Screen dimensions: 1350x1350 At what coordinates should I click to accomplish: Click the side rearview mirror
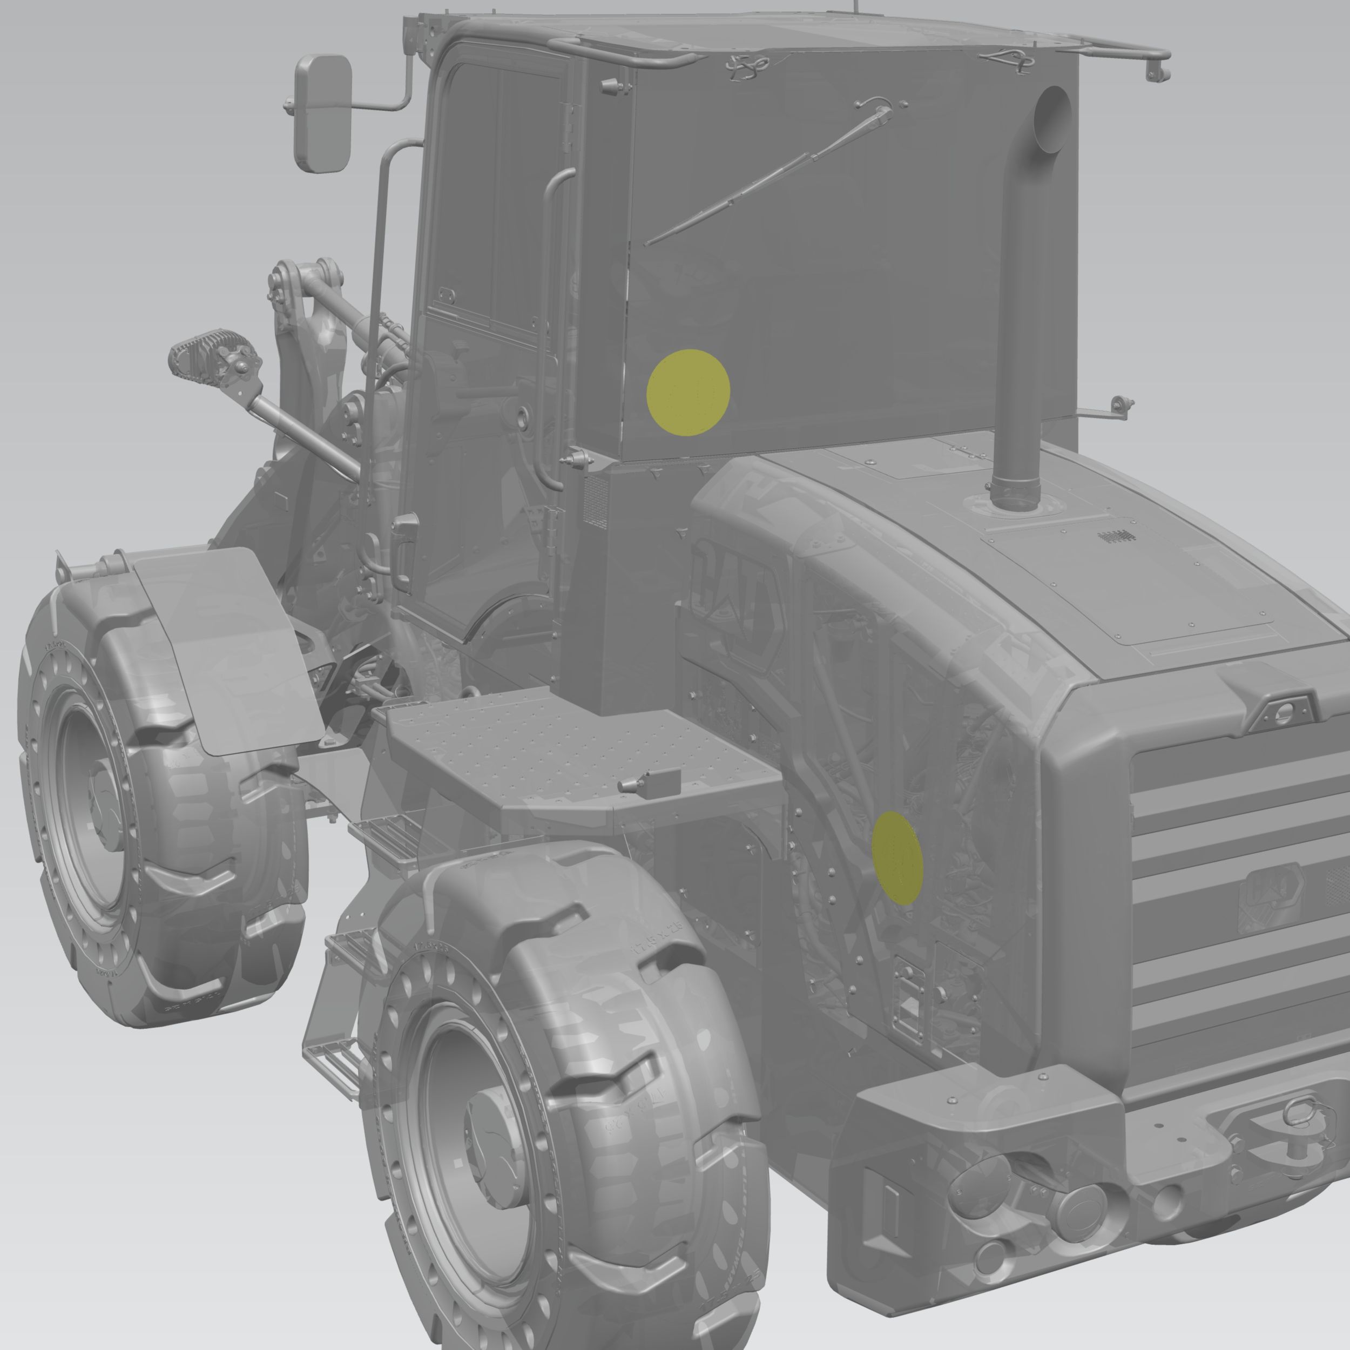click(x=323, y=113)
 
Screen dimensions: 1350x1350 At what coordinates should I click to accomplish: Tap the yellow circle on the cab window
click(x=688, y=392)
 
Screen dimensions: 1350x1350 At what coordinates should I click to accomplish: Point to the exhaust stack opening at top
click(x=1051, y=119)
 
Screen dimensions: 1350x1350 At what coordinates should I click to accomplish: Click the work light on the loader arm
click(x=210, y=356)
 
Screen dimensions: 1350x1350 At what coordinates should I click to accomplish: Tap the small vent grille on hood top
click(x=1117, y=537)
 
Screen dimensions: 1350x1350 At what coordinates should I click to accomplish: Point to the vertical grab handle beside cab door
click(x=552, y=328)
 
